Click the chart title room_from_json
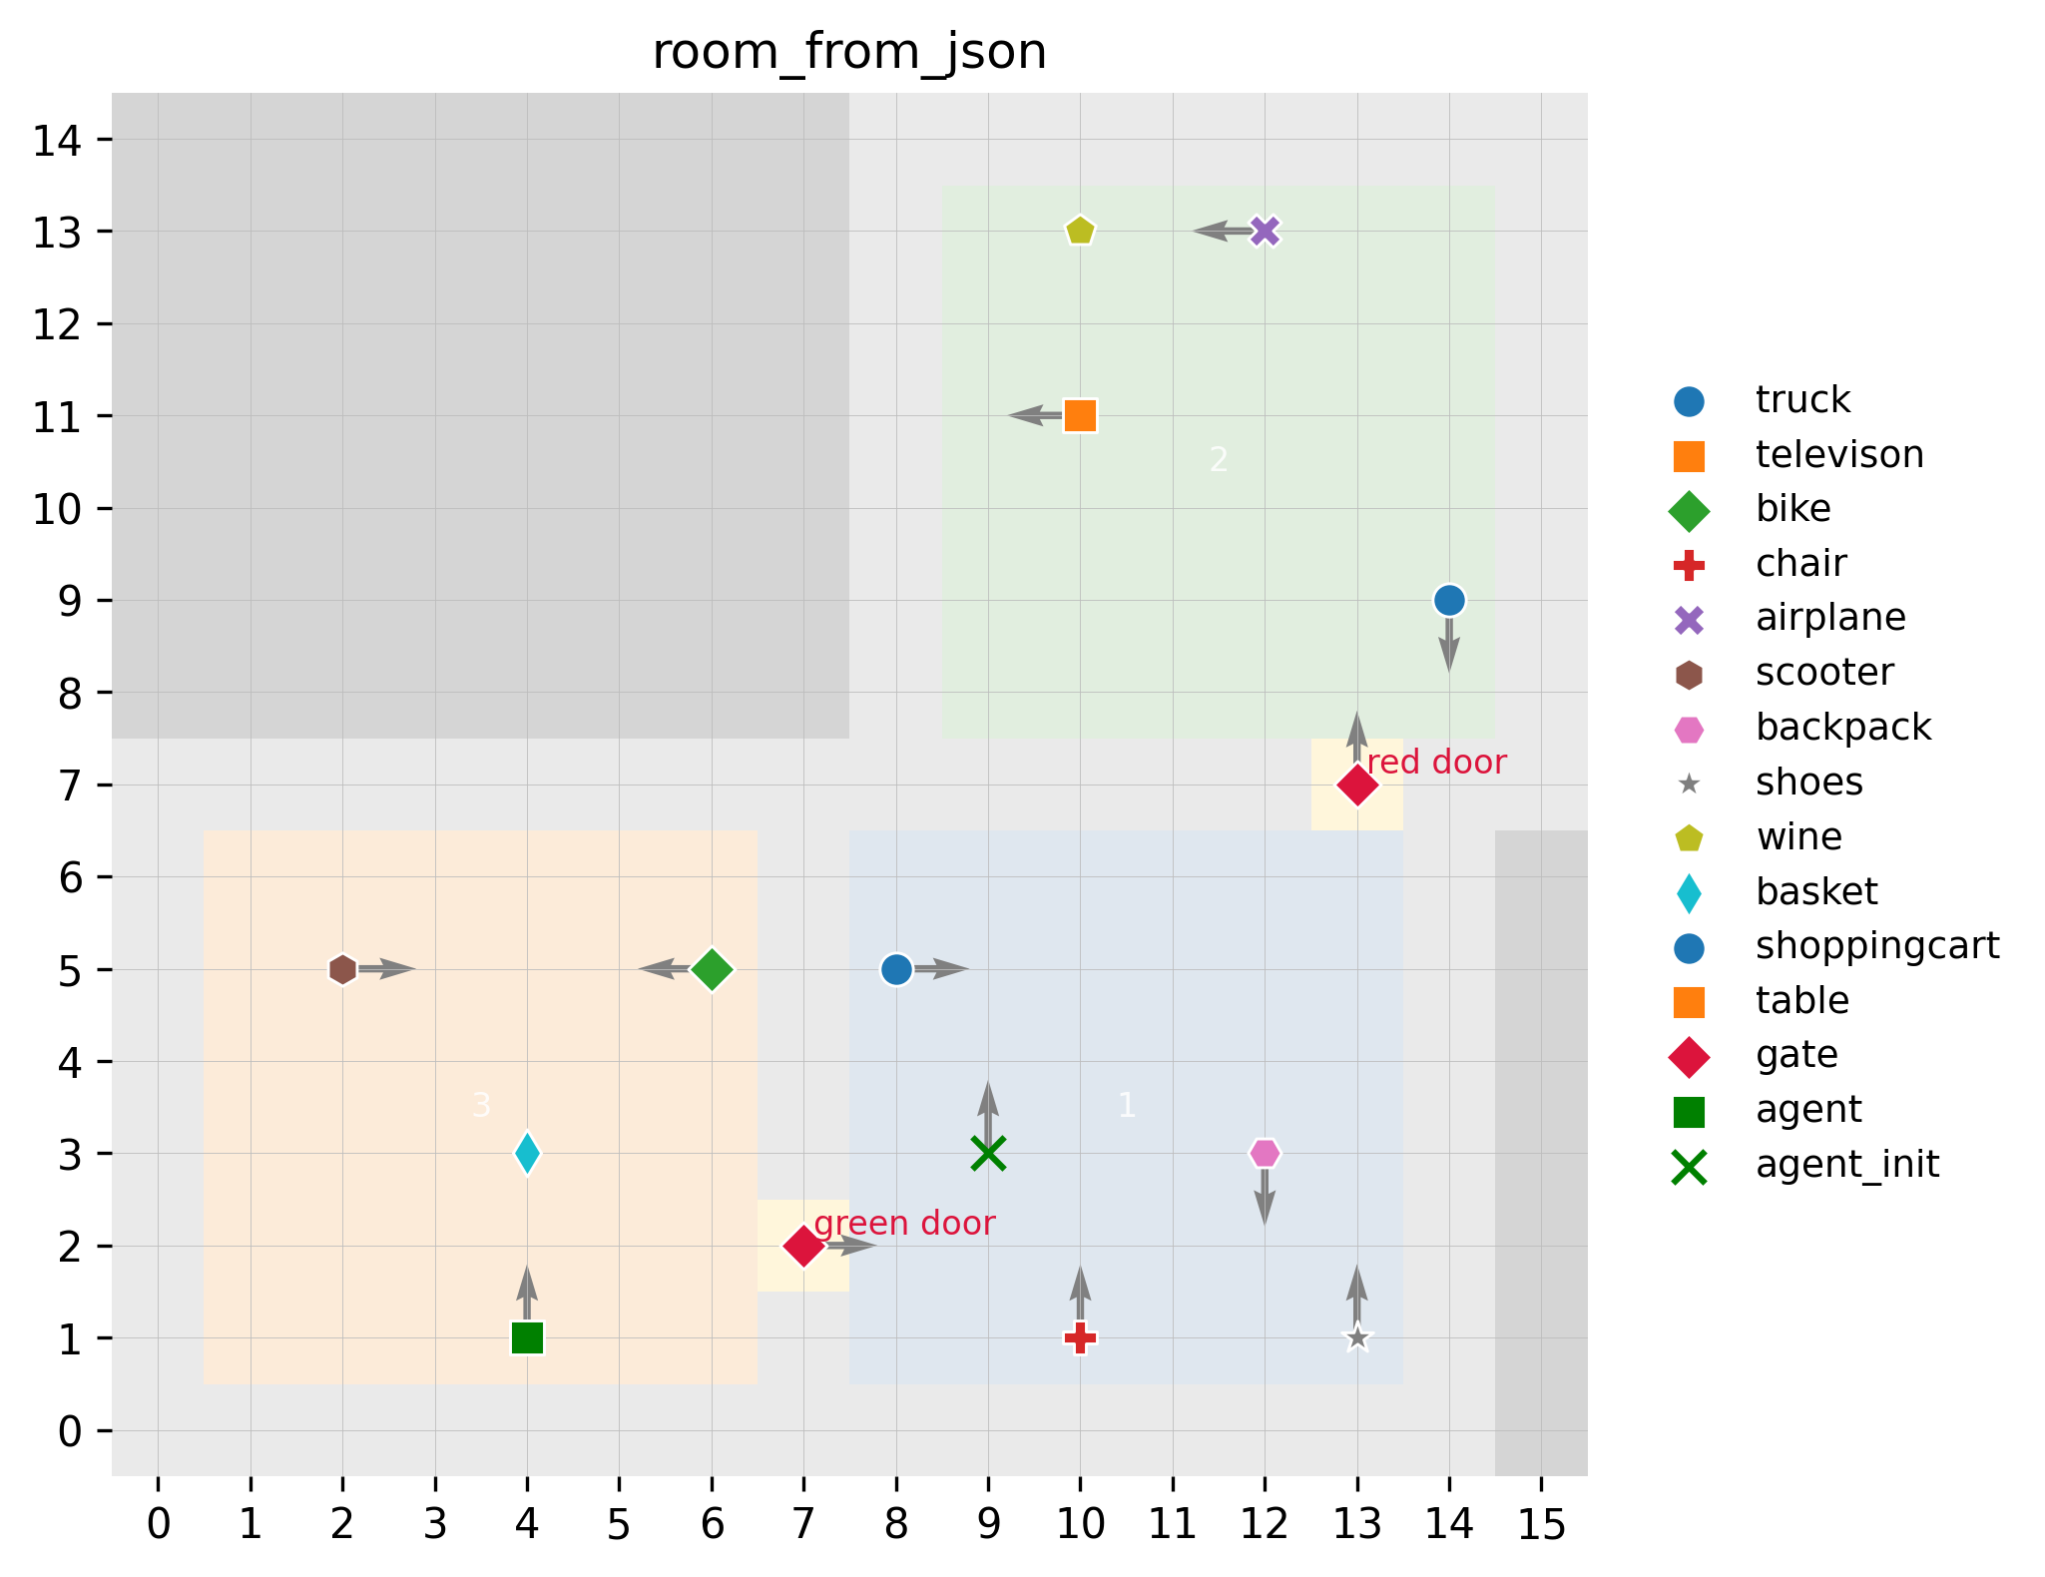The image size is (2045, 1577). tap(848, 53)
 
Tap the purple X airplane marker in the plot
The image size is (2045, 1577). tap(1265, 232)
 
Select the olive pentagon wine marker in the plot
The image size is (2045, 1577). tap(1080, 232)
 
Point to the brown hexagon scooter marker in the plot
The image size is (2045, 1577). tap(342, 969)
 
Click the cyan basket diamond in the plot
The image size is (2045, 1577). tap(527, 1154)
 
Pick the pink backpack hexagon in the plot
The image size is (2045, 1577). tap(1265, 1154)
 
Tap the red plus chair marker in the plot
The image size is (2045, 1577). tap(1080, 1338)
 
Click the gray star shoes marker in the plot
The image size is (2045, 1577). tap(1356, 1338)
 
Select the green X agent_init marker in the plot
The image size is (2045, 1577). tap(988, 1154)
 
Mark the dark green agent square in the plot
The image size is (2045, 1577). tap(527, 1338)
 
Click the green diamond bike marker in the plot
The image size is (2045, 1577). tap(712, 969)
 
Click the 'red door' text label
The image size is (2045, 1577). tap(1436, 764)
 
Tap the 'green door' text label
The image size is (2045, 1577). tap(904, 1224)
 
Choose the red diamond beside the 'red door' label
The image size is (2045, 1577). tap(1356, 786)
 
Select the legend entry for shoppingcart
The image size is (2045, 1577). tap(1876, 946)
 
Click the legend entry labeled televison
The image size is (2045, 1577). tap(1838, 455)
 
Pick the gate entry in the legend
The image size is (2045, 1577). tap(1796, 1055)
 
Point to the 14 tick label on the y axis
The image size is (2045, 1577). tap(58, 141)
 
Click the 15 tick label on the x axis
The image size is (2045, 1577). tap(1542, 1525)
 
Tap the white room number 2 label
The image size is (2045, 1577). tap(1218, 460)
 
